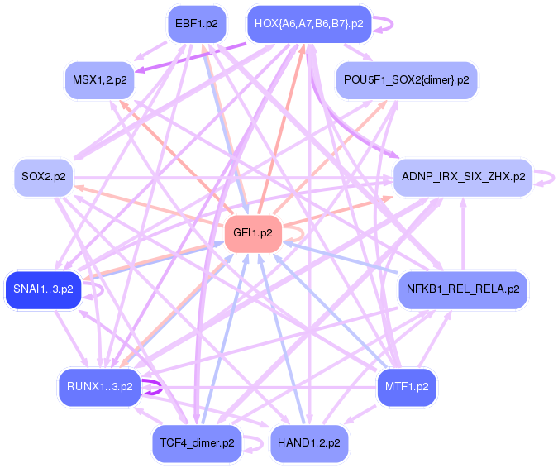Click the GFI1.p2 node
[x=253, y=233]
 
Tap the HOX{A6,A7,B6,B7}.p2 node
[x=309, y=24]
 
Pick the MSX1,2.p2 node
[x=100, y=79]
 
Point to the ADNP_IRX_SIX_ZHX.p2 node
[x=462, y=177]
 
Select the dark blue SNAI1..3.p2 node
[x=43, y=289]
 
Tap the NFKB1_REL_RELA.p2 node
[x=463, y=289]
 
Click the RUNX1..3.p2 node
[x=99, y=386]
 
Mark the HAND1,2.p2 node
[x=309, y=442]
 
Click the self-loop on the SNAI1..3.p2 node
[x=98, y=290]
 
